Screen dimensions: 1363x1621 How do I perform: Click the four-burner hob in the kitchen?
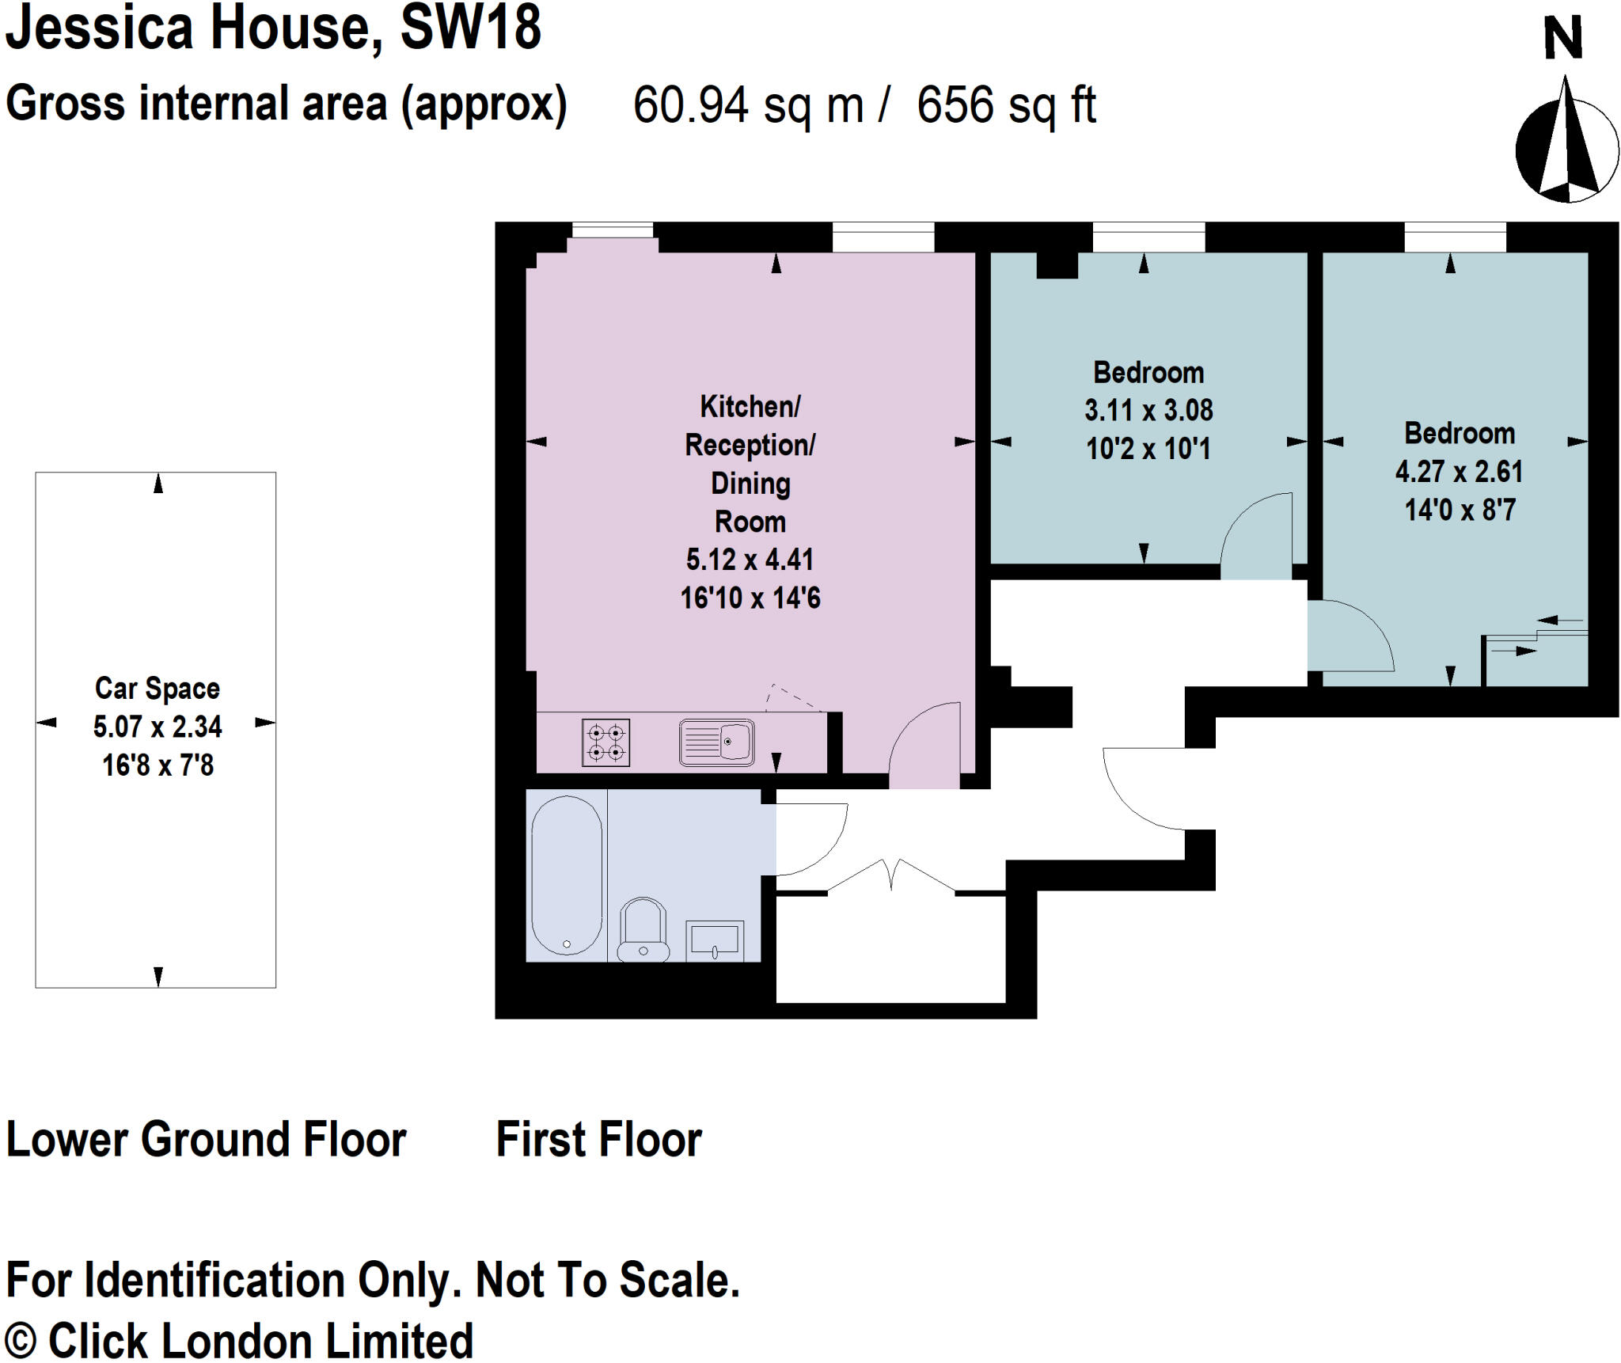click(x=606, y=742)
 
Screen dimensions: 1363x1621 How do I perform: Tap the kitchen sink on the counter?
click(x=716, y=742)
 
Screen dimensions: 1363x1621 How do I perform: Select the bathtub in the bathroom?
click(x=566, y=875)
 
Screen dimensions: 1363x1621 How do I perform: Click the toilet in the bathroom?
click(x=643, y=930)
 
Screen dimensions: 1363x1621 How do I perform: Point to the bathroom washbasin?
click(x=714, y=940)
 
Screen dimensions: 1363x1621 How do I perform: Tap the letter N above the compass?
click(x=1562, y=38)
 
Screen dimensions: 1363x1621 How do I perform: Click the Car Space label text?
click(x=158, y=689)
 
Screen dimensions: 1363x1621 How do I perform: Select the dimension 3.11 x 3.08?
click(x=1148, y=410)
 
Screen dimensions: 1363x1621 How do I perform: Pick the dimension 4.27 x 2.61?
click(x=1459, y=472)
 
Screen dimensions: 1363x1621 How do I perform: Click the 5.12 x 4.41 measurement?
click(x=750, y=560)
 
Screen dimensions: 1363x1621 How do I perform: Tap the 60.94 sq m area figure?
click(x=748, y=104)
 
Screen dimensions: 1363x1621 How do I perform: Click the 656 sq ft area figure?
click(x=1006, y=104)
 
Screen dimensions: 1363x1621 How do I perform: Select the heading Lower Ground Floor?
click(x=206, y=1140)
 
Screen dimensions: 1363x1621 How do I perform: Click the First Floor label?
click(x=598, y=1140)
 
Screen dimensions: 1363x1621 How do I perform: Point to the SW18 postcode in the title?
click(x=471, y=28)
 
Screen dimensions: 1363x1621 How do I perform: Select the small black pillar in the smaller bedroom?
click(x=1057, y=265)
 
